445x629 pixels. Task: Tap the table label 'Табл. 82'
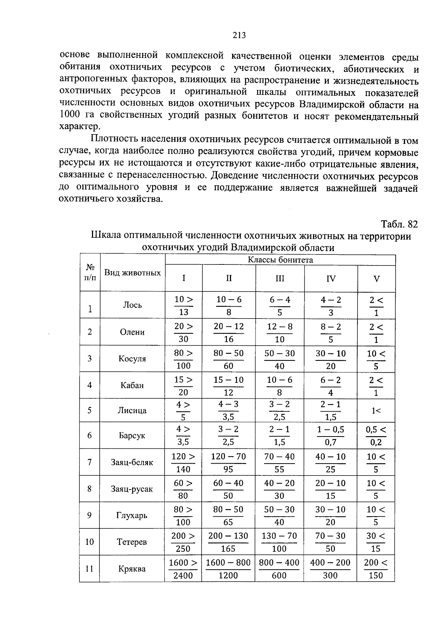coord(399,224)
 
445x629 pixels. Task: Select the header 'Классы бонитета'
coord(280,260)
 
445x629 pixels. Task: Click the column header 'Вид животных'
coord(132,273)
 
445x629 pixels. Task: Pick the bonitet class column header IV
coord(331,279)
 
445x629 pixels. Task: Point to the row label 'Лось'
coord(132,305)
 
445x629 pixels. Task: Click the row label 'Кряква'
coord(132,569)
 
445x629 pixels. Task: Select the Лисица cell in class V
coord(376,411)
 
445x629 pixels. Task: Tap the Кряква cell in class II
coord(228,569)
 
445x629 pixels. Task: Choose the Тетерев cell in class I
coord(183,542)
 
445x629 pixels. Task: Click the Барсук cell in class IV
coord(331,436)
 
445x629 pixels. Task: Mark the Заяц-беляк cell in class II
coord(228,463)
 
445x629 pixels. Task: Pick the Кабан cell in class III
coord(280,386)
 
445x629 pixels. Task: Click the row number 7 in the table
coord(89,462)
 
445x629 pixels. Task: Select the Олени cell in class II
coord(228,333)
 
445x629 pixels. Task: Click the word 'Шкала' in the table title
coord(105,236)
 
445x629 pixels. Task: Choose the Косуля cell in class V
coord(376,359)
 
